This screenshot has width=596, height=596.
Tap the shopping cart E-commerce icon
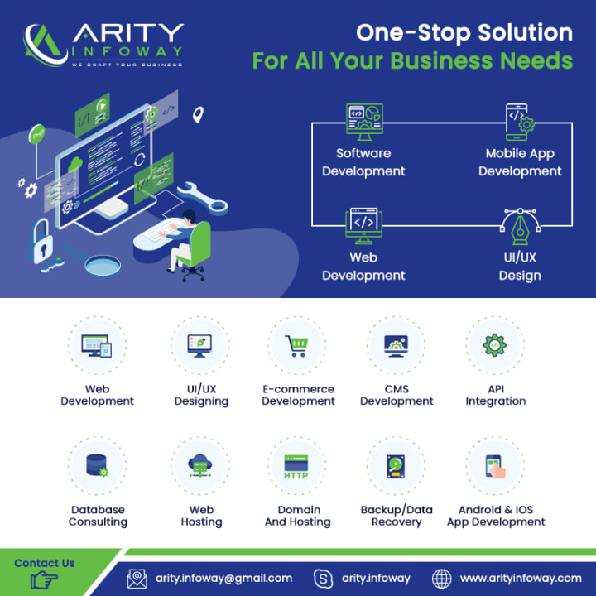point(298,346)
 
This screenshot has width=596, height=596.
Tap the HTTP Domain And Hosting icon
point(298,467)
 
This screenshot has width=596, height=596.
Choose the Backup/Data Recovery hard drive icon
point(397,467)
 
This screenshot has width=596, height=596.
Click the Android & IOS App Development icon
point(495,467)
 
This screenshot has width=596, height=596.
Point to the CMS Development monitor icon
point(397,346)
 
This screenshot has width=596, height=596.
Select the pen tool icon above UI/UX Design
point(520,226)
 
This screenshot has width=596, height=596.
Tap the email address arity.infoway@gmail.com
point(223,578)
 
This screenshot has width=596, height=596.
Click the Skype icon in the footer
point(324,579)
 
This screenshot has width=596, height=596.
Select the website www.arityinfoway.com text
point(521,578)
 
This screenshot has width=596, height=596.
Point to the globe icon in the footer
point(442,579)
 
